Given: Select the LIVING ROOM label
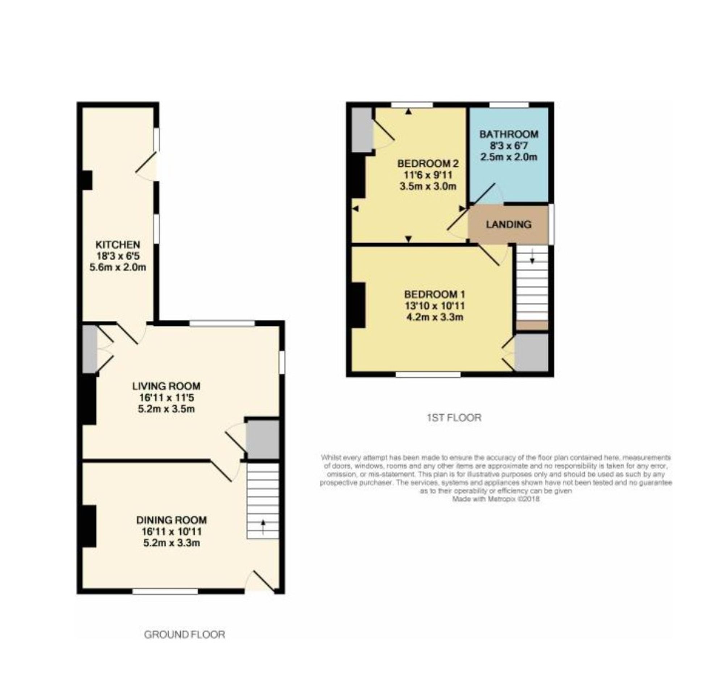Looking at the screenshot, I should [166, 386].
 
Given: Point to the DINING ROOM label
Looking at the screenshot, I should [171, 520].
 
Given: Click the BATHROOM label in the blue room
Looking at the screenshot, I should [509, 134].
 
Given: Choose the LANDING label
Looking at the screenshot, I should [509, 224].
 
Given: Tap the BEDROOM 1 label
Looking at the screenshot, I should [434, 294].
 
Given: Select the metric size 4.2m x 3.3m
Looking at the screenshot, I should [434, 317].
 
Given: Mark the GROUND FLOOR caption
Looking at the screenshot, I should [184, 634].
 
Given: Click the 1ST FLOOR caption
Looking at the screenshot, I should [454, 418].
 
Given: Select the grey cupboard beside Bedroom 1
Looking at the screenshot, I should [531, 352].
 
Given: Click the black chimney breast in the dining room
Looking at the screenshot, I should [89, 526].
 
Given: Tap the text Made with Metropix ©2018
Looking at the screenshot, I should [496, 499].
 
